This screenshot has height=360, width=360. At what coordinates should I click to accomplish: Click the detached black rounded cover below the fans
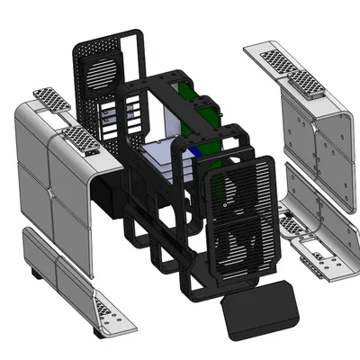(259, 307)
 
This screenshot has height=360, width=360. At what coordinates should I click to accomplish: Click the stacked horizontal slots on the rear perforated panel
(111, 117)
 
